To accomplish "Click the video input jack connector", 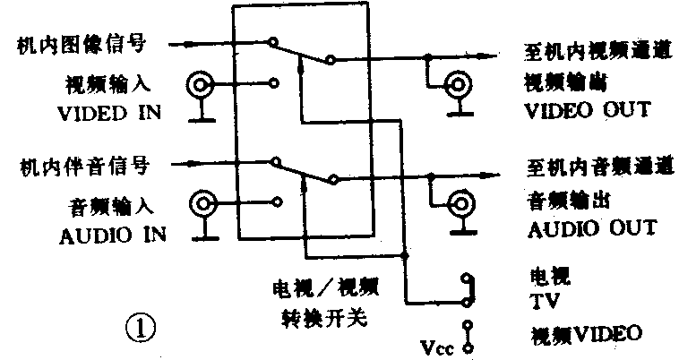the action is pyautogui.click(x=201, y=87).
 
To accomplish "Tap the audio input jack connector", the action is pyautogui.click(x=203, y=205).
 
